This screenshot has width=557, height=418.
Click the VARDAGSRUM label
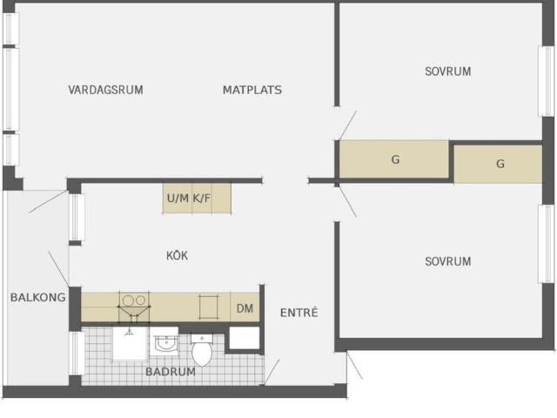click(x=105, y=90)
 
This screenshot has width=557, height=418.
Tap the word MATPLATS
click(x=252, y=90)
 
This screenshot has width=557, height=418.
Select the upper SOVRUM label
click(x=448, y=71)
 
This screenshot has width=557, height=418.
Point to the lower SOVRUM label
click(x=448, y=261)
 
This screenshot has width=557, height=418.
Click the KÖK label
click(x=177, y=255)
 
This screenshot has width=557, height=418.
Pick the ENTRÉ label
click(x=299, y=312)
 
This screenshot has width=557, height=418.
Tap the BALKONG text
click(x=37, y=297)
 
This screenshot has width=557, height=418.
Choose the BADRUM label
click(x=171, y=372)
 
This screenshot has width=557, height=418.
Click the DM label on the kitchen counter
click(x=245, y=308)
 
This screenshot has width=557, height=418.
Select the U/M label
click(x=178, y=198)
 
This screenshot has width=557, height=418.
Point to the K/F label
click(x=201, y=198)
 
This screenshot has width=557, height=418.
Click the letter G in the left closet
click(x=395, y=159)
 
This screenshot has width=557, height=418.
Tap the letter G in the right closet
click(x=500, y=164)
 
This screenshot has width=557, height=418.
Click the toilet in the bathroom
click(x=202, y=349)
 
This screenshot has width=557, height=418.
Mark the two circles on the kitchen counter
click(x=134, y=300)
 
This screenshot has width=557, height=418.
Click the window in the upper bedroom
click(x=546, y=81)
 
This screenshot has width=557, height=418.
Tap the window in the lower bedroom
click(x=546, y=244)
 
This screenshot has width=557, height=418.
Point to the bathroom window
click(x=76, y=353)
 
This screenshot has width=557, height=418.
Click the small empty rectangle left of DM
click(x=208, y=307)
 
